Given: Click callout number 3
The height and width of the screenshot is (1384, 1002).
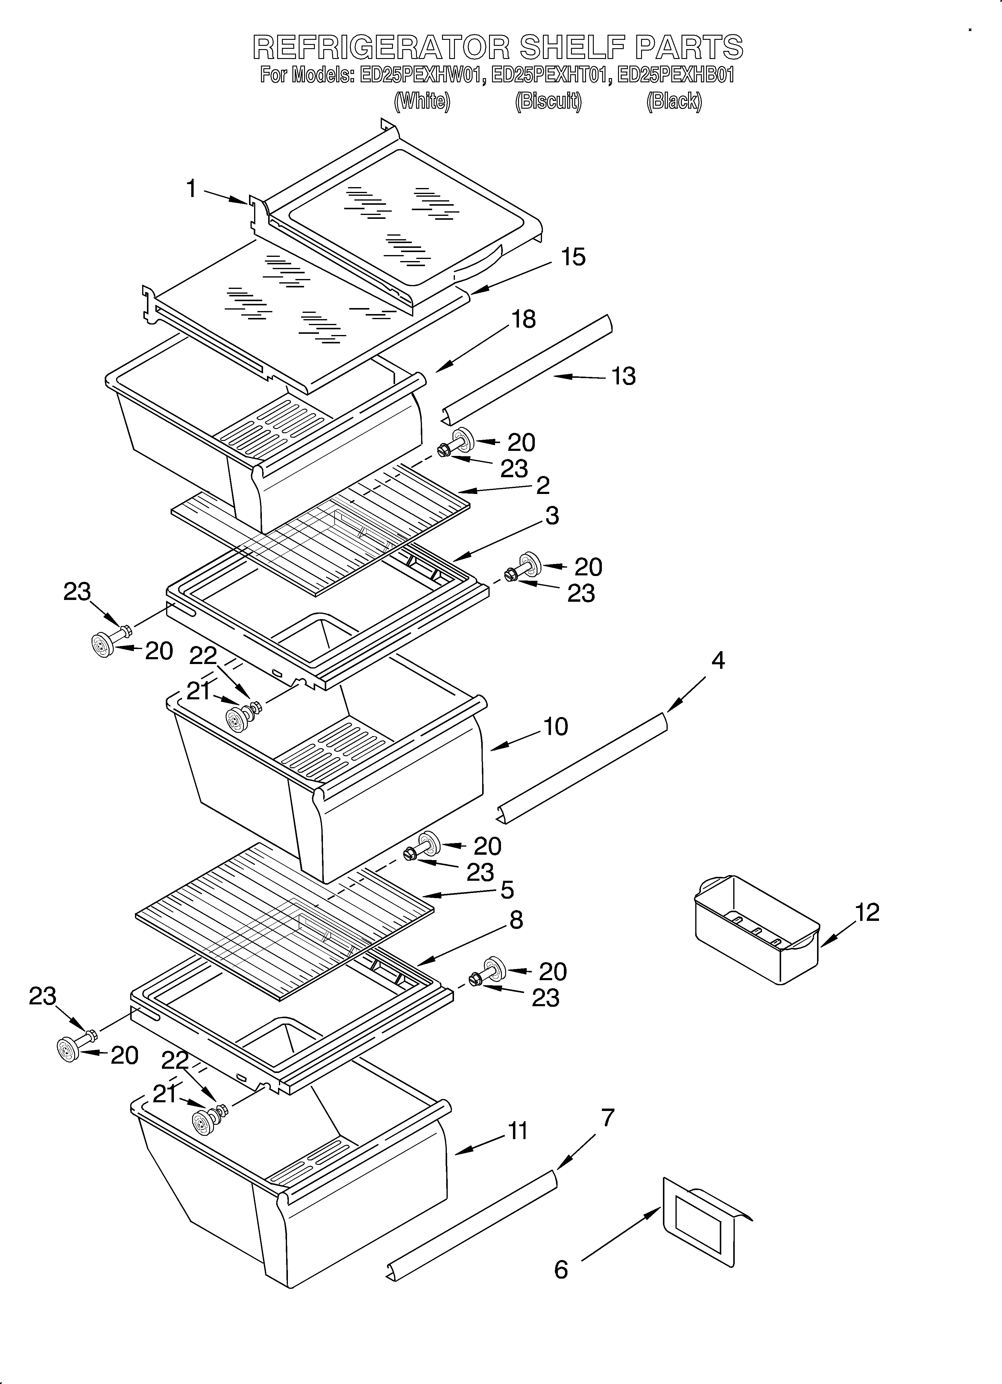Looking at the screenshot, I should click(552, 516).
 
